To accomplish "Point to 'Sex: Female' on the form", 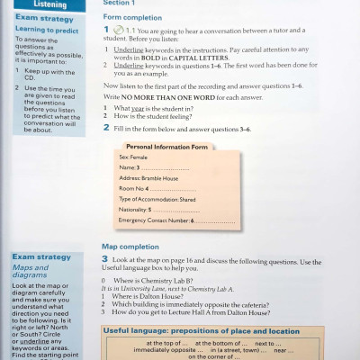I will [x=133, y=157].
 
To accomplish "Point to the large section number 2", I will [x=106, y=127].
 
